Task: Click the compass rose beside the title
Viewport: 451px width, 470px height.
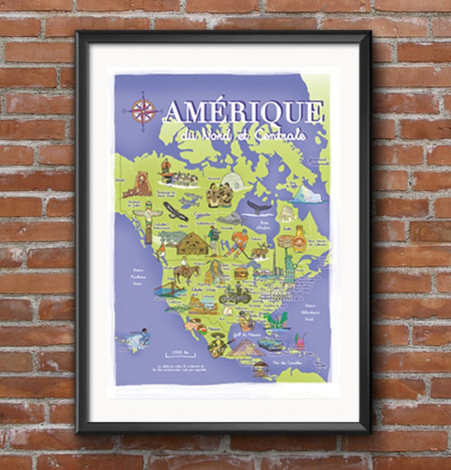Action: click(143, 111)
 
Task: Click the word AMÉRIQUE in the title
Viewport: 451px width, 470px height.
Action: click(243, 112)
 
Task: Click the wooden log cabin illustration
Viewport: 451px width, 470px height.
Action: click(192, 244)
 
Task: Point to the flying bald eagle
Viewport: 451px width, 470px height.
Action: click(175, 211)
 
